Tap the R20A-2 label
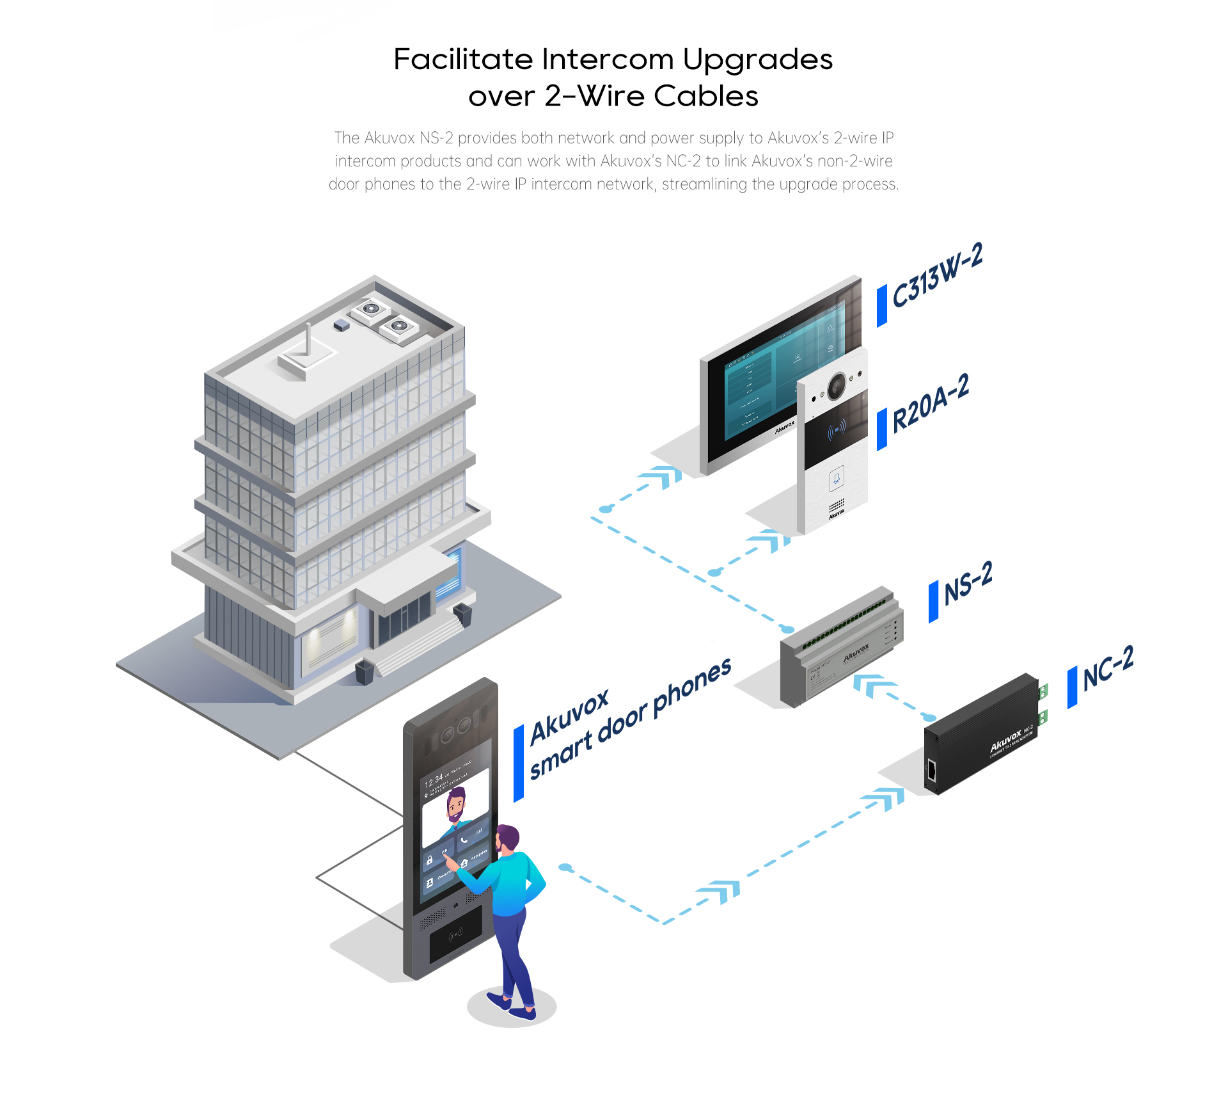pyautogui.click(x=931, y=403)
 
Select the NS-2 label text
pyautogui.click(x=968, y=582)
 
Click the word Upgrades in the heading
pyautogui.click(x=757, y=60)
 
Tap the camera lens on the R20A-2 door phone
pyautogui.click(x=836, y=386)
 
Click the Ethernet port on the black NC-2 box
pyautogui.click(x=932, y=771)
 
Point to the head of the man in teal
pyautogui.click(x=508, y=837)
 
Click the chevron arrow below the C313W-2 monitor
pyautogui.click(x=661, y=477)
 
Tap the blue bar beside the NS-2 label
pyautogui.click(x=933, y=601)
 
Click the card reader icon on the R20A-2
pyautogui.click(x=836, y=430)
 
